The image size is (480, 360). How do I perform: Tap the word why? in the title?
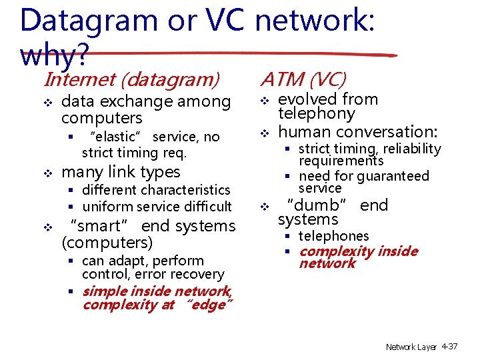point(53,56)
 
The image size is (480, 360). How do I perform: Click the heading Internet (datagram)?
point(131,80)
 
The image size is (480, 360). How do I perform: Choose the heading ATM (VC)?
point(303,80)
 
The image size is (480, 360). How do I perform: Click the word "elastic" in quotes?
point(118,137)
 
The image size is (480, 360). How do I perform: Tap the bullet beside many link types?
point(47,173)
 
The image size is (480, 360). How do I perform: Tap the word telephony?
point(317,114)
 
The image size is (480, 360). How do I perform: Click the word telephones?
point(333,236)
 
